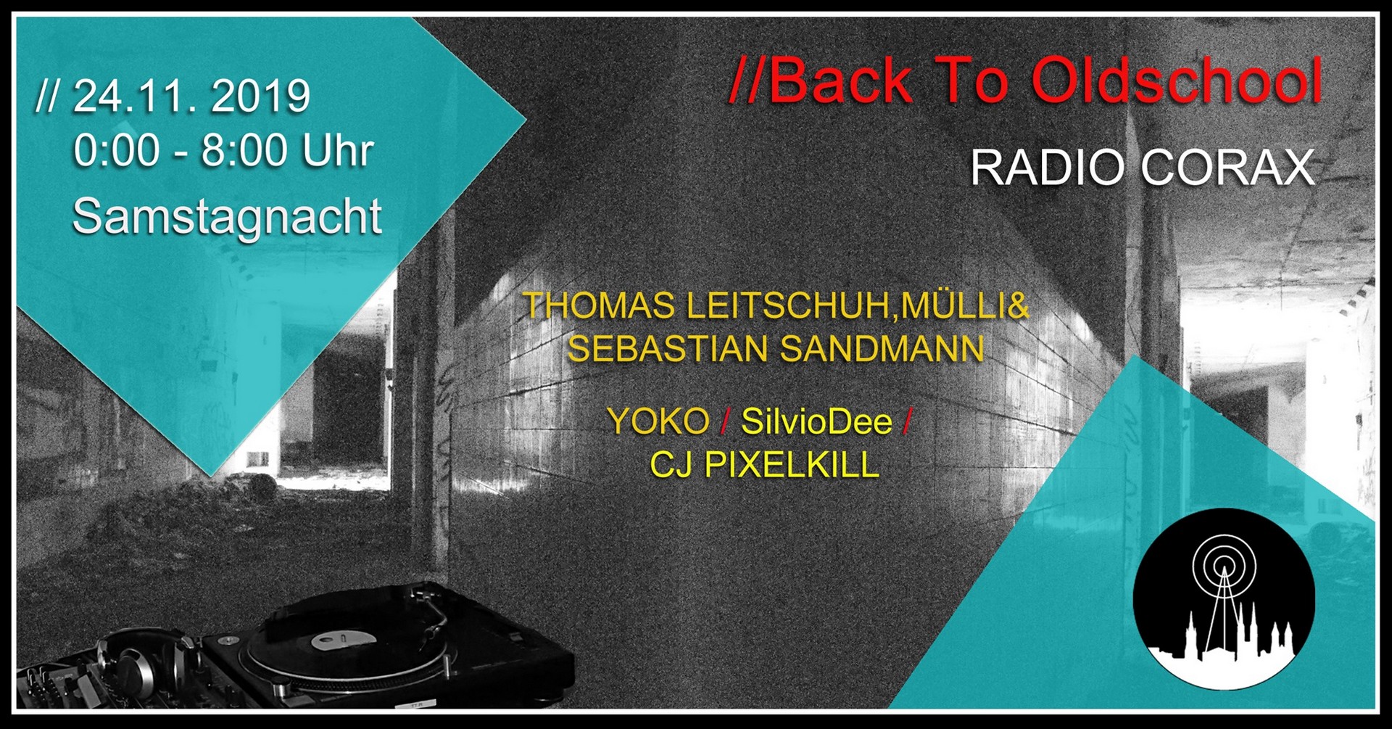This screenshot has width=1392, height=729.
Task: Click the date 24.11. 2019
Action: click(x=191, y=96)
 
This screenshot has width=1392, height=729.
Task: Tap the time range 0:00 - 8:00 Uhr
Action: click(x=223, y=151)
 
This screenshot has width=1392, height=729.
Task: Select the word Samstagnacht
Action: click(x=227, y=217)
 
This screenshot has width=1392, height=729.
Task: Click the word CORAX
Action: click(x=1227, y=168)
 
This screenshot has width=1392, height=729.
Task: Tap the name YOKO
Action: click(x=658, y=421)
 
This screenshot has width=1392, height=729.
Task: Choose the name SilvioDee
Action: click(x=816, y=421)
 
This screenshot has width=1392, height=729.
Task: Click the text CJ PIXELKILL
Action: click(x=764, y=464)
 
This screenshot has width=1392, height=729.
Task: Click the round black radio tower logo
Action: click(x=1224, y=599)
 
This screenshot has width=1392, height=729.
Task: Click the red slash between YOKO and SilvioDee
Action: click(x=725, y=421)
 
